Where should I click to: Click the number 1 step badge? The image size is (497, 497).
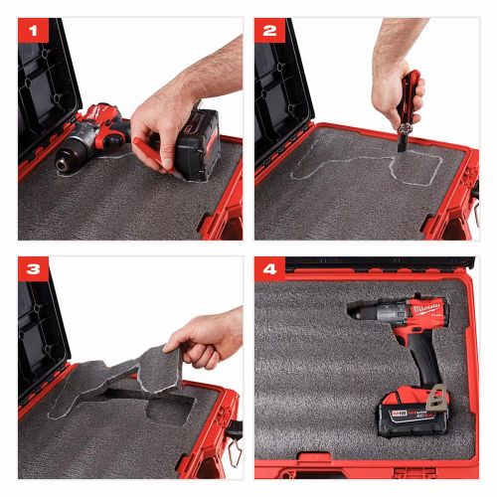pyautogui.click(x=34, y=31)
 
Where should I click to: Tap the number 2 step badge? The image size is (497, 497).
pyautogui.click(x=268, y=31)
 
